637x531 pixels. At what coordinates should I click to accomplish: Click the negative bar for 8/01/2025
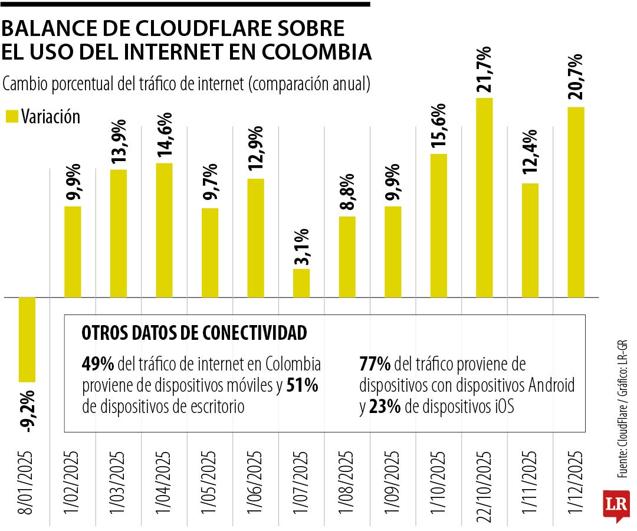click(27, 339)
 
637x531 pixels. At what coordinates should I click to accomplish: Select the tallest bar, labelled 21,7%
click(484, 198)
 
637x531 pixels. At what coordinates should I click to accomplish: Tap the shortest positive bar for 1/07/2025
click(301, 283)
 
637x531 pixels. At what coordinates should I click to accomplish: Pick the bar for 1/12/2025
click(576, 202)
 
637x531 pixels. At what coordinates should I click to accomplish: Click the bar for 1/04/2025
click(164, 230)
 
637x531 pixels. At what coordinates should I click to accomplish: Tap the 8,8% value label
click(347, 192)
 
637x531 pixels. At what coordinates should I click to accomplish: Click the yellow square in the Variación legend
click(11, 116)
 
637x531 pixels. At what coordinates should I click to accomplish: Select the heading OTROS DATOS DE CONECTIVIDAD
click(195, 333)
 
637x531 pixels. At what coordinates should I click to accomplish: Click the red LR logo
click(616, 505)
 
